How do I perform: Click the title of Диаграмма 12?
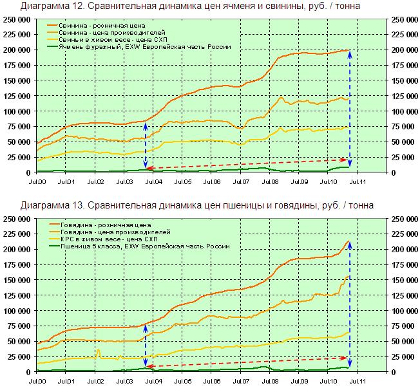point(190,6)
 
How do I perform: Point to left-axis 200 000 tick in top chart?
point(17,50)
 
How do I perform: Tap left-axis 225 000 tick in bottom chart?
point(17,234)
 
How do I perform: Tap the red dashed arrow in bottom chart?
point(248,362)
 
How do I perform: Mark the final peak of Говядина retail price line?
point(348,241)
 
